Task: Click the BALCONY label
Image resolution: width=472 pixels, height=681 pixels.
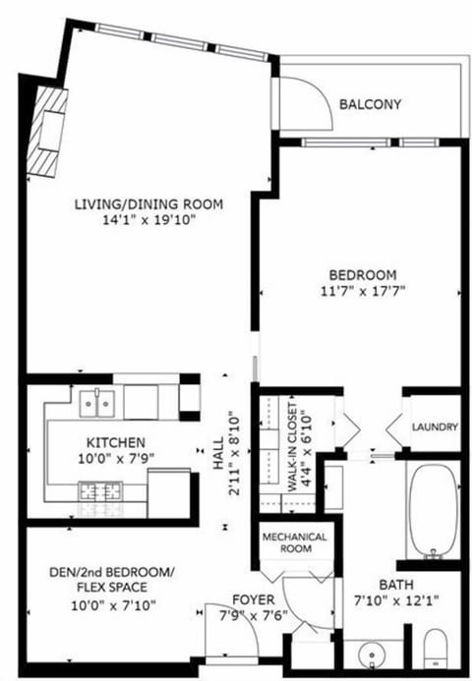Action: pyautogui.click(x=370, y=105)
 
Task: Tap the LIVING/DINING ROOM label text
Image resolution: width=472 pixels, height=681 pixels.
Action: pyautogui.click(x=148, y=204)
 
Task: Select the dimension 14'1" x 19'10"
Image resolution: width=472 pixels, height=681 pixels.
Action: pyautogui.click(x=148, y=221)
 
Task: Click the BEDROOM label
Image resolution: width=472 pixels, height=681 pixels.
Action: pyautogui.click(x=363, y=274)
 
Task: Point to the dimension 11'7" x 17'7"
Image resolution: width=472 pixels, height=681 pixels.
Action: pyautogui.click(x=363, y=291)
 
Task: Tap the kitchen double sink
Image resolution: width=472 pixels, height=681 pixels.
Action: pyautogui.click(x=95, y=402)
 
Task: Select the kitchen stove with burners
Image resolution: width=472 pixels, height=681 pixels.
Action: pyautogui.click(x=101, y=488)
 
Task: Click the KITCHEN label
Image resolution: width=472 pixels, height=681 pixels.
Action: pyautogui.click(x=116, y=443)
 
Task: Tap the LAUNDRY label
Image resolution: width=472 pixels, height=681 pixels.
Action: pyautogui.click(x=436, y=427)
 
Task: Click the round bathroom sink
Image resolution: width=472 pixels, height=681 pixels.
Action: pyautogui.click(x=370, y=653)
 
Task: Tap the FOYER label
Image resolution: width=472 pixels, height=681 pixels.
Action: pyautogui.click(x=252, y=599)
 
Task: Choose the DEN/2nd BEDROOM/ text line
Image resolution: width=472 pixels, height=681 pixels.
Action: pyautogui.click(x=111, y=573)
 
